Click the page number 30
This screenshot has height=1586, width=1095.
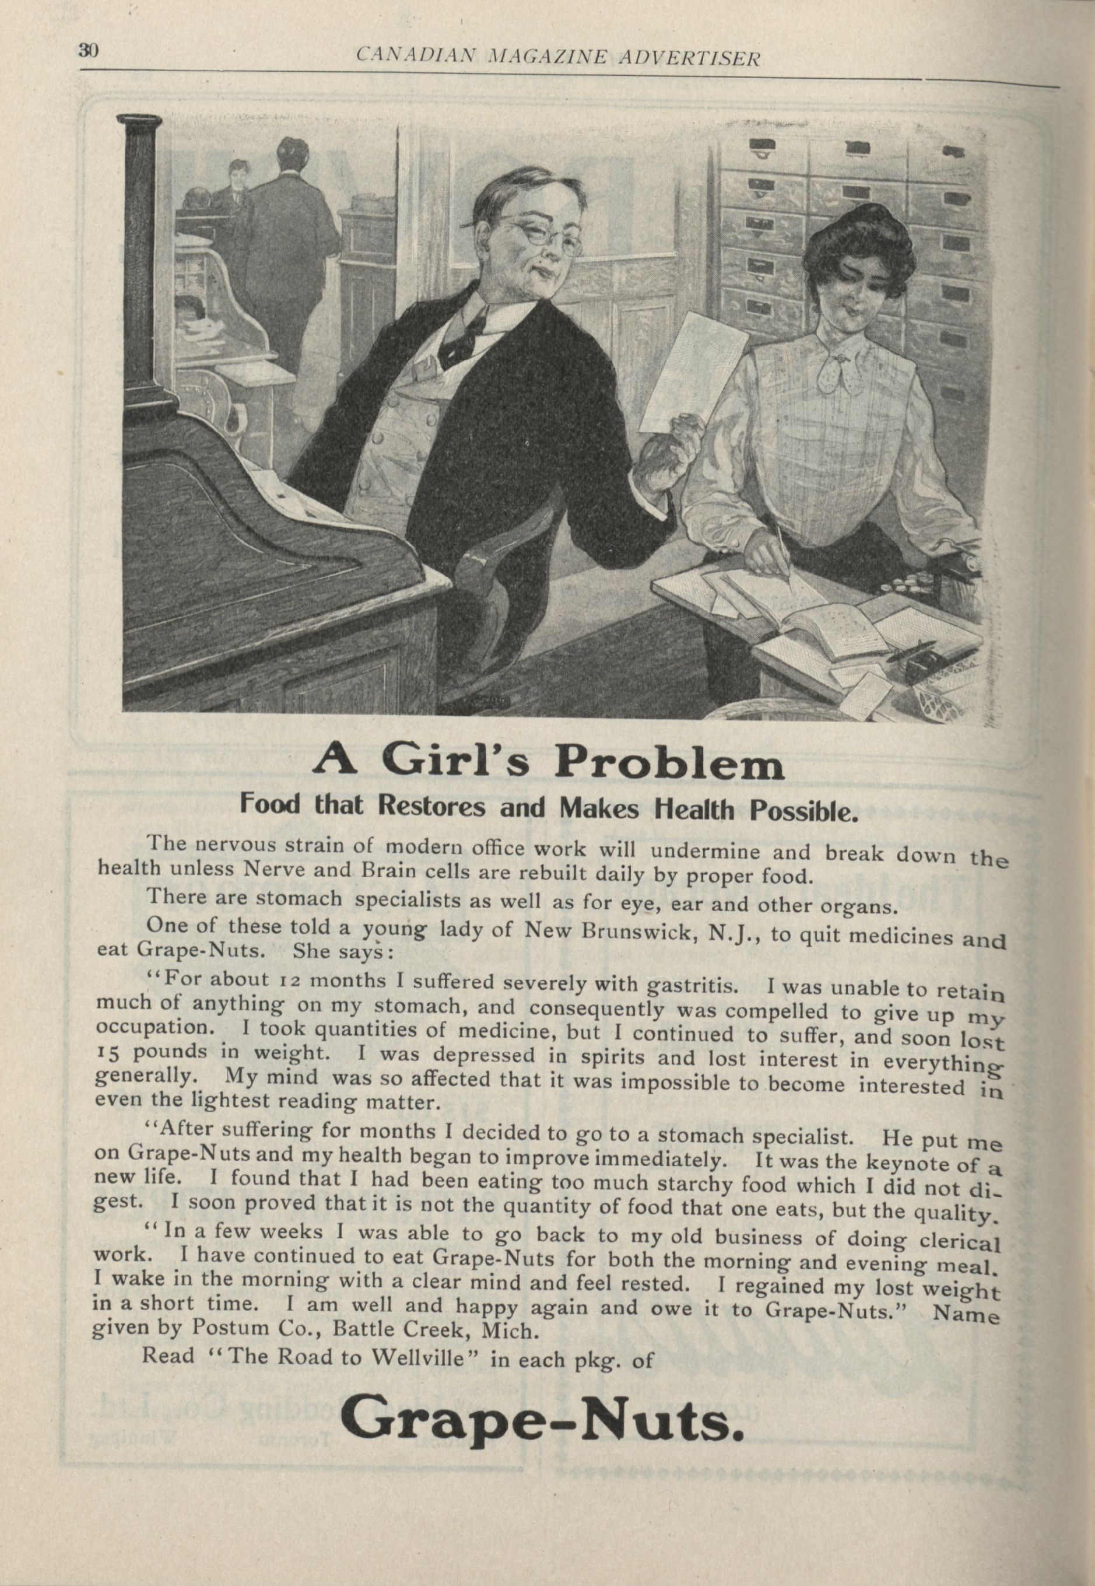[x=89, y=50]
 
